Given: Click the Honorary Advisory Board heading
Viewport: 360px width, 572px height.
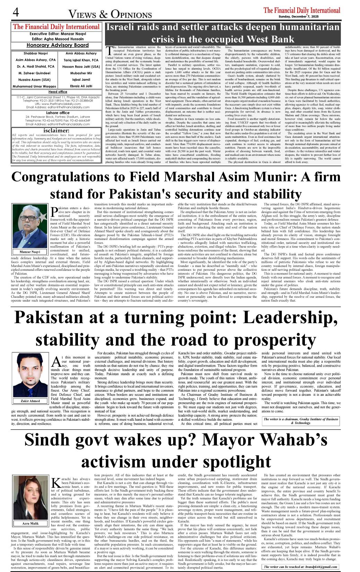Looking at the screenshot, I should tap(58, 45).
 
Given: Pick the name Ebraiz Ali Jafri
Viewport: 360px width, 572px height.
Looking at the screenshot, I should tap(81, 86).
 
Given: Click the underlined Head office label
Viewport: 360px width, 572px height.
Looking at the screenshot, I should tap(58, 92).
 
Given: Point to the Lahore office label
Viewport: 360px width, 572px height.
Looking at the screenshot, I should tap(58, 113).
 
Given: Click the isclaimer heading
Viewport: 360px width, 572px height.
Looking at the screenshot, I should tap(56, 131).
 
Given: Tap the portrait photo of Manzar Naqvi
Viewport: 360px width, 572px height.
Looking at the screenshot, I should tap(30, 225).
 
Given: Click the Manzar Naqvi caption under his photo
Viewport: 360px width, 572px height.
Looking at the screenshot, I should tap(30, 252).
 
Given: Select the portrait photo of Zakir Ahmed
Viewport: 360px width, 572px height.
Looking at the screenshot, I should tap(30, 375).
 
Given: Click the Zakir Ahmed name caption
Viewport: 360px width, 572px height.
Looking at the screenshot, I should tap(30, 401).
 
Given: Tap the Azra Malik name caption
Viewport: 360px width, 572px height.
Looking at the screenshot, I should tap(30, 524).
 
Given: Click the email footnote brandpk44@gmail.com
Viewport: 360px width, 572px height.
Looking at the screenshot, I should tap(300, 567).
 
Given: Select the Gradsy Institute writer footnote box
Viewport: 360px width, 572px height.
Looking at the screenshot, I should tap(300, 421).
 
